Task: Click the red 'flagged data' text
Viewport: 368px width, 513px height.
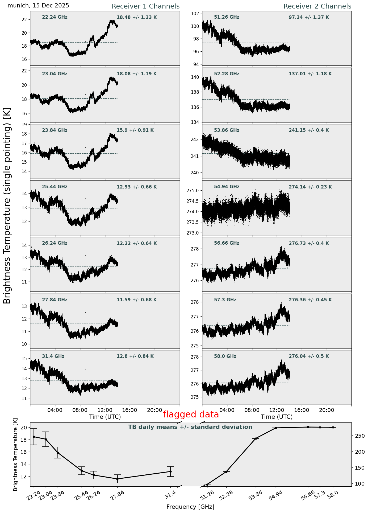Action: (x=191, y=414)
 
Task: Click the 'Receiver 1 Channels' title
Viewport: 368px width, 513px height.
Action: (x=145, y=6)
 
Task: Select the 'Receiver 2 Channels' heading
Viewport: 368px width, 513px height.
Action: (x=317, y=6)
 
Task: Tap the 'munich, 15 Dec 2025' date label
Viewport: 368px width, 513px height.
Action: (x=38, y=6)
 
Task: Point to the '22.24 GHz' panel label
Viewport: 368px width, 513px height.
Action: (x=55, y=17)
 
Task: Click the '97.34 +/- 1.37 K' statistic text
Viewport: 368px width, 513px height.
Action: (x=309, y=18)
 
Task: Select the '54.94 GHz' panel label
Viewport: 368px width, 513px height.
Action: (x=227, y=187)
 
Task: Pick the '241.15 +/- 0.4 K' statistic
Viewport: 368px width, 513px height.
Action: (x=309, y=130)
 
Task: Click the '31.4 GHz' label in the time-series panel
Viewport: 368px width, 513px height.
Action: (x=53, y=356)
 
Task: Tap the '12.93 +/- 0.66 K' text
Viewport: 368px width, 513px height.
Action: (x=137, y=187)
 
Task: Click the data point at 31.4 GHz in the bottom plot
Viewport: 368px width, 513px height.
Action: (x=170, y=471)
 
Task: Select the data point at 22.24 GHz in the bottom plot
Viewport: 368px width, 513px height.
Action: (x=34, y=437)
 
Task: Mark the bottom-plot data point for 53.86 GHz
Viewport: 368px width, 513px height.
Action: (x=256, y=438)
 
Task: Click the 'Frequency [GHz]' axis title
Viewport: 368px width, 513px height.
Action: (x=190, y=507)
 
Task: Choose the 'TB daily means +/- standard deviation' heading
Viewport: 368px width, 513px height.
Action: (x=190, y=427)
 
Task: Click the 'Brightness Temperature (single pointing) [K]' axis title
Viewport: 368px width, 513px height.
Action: (x=7, y=205)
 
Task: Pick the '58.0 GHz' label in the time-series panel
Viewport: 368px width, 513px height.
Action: (x=225, y=356)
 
